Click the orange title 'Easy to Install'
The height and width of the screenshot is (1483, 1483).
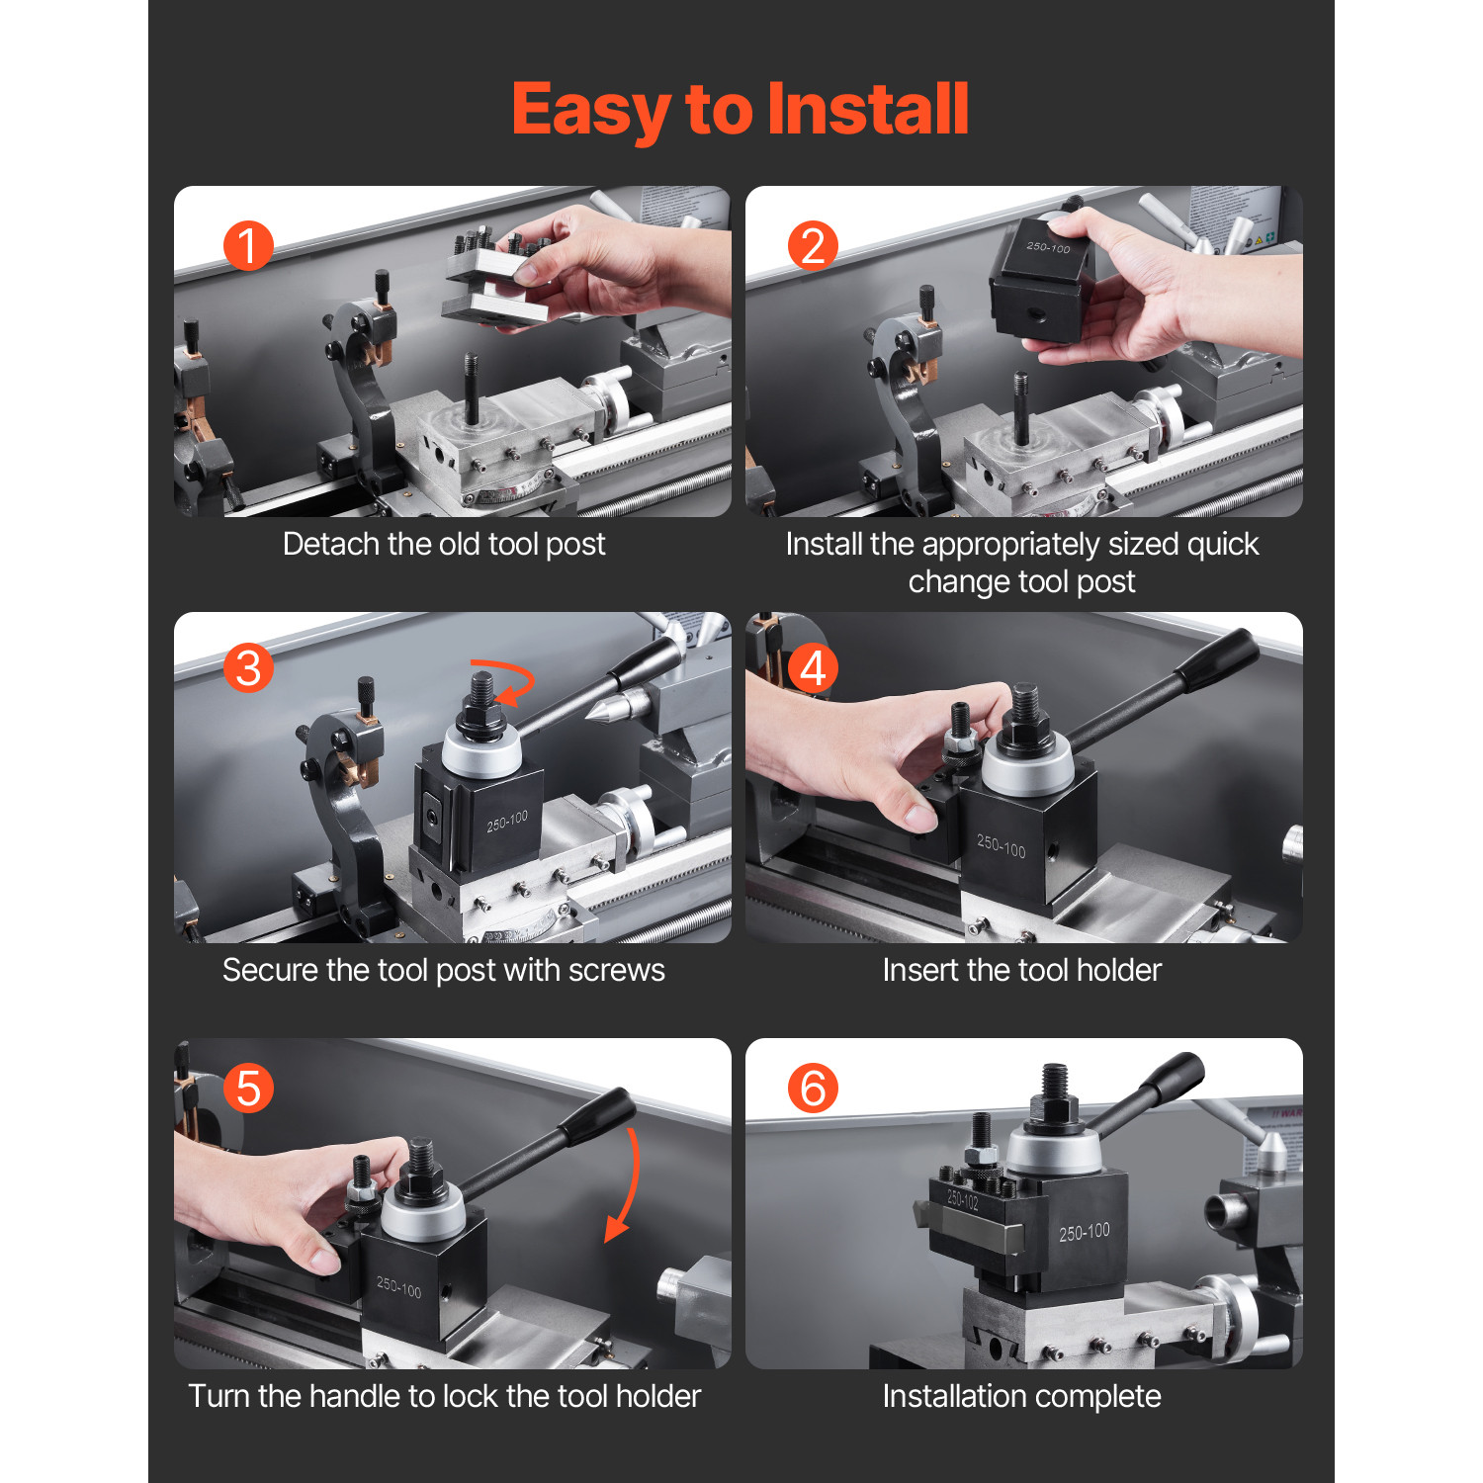coord(740,109)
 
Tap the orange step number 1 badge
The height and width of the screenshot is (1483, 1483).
coord(247,245)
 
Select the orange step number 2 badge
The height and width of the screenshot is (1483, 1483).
coord(813,245)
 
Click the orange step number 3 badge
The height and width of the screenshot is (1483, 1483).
coord(248,667)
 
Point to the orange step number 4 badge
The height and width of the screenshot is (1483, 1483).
coord(813,667)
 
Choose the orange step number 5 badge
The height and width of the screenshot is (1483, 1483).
coord(248,1089)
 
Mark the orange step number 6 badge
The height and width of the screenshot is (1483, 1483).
coord(813,1089)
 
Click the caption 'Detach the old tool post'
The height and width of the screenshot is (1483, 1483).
coord(443,544)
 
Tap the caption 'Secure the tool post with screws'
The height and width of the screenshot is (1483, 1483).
coord(443,970)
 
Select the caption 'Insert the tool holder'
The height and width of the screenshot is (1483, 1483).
coord(1021,970)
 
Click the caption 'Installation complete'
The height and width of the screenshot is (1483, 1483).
coord(1021,1396)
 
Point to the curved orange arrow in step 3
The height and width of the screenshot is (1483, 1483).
coord(509,680)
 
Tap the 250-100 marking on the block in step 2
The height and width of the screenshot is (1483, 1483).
coord(1048,247)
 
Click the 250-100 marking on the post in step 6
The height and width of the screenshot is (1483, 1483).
coord(1085,1232)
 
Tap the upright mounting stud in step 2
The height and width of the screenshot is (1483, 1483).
coord(1020,405)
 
